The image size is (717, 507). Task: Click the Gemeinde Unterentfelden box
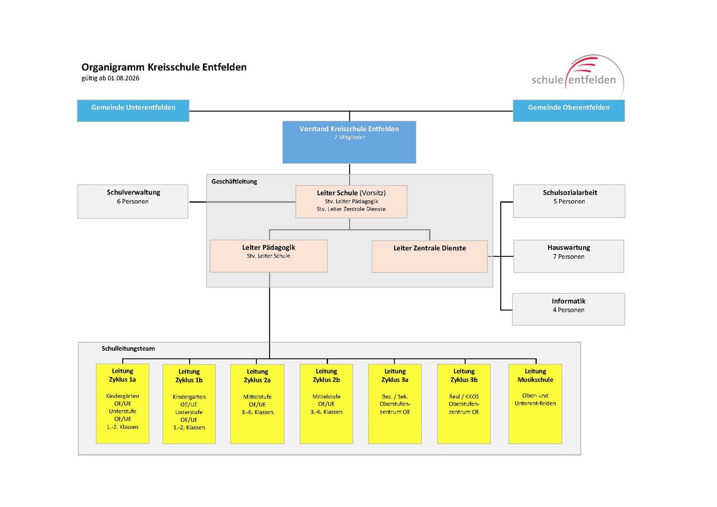[133, 111]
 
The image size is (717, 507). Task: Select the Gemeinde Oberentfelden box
[569, 111]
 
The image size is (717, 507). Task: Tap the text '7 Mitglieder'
[350, 137]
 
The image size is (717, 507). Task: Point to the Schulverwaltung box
[133, 202]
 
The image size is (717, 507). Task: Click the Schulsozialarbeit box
[569, 201]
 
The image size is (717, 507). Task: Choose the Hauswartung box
[569, 256]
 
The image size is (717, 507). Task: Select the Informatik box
[569, 310]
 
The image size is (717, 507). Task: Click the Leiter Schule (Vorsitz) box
[351, 202]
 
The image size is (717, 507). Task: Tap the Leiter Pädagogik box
[268, 256]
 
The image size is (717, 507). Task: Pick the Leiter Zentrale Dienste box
[430, 256]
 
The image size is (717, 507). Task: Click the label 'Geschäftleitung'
[234, 181]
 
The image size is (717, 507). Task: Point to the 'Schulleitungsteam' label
[128, 349]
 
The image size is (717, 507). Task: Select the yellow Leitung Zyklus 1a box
[123, 404]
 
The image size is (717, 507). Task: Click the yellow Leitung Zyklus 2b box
[326, 404]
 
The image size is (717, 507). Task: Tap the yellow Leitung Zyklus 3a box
[395, 404]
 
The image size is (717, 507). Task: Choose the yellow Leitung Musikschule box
[535, 404]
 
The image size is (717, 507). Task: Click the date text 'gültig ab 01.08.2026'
[111, 78]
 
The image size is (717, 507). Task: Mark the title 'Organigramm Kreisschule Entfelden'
[164, 67]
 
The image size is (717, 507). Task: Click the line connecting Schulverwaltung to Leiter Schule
[242, 202]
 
